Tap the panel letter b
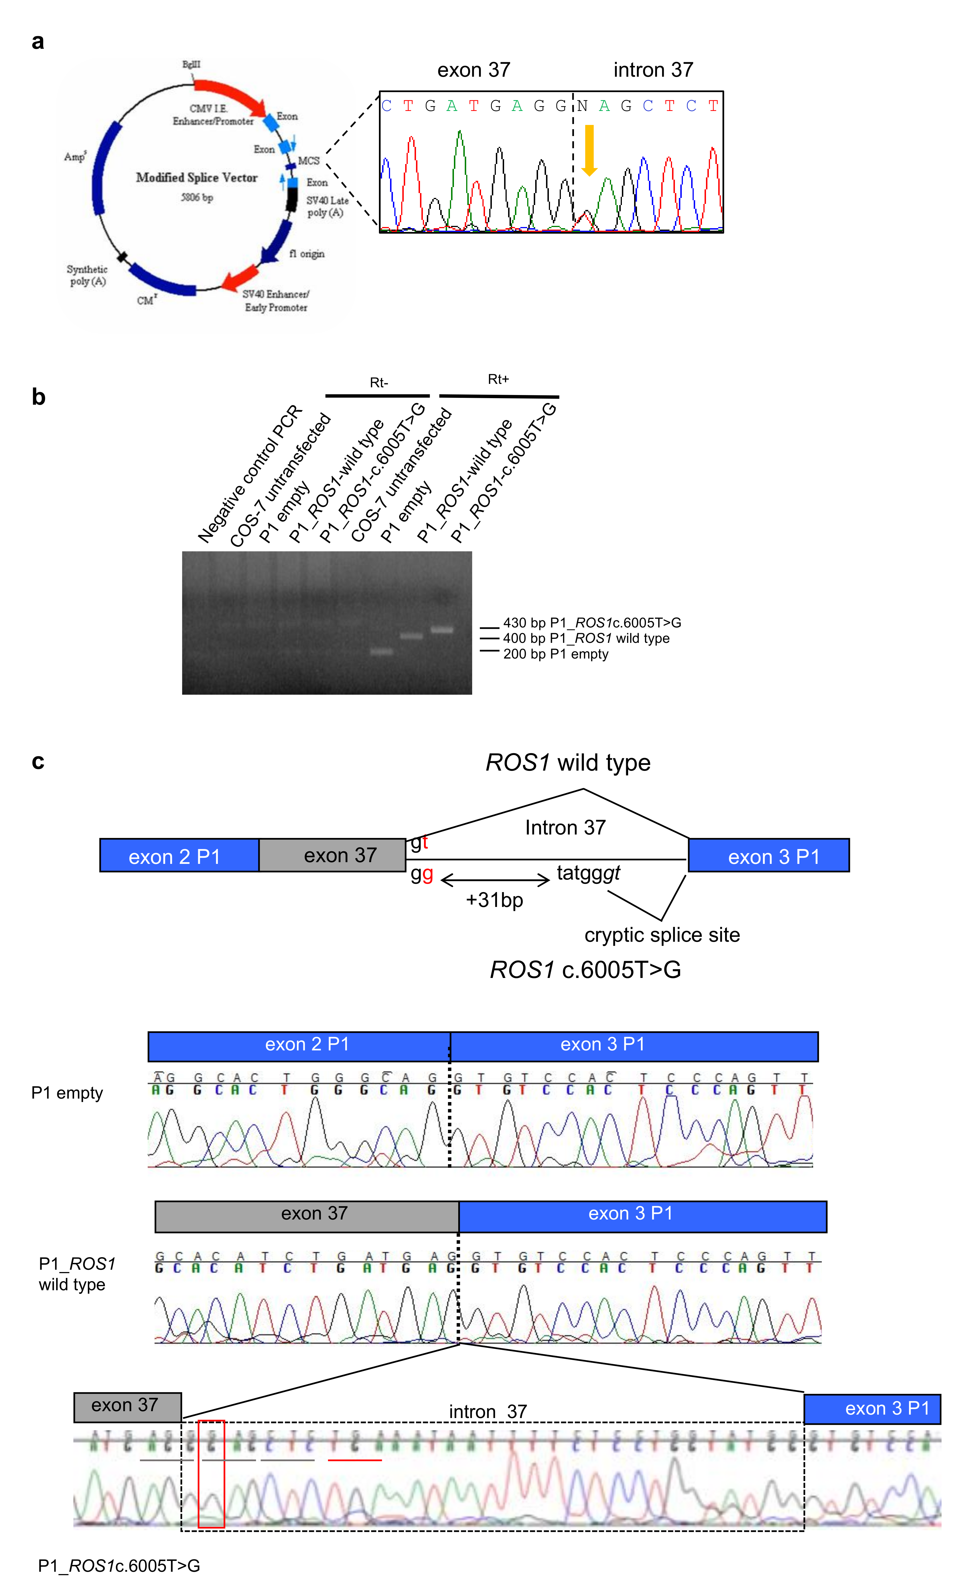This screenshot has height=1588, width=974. pos(39,397)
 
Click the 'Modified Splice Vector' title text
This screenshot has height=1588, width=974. pos(196,177)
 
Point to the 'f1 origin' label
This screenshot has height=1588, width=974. pos(307,254)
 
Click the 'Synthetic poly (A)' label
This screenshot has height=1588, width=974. pos(87,275)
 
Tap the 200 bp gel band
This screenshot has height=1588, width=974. pos(381,652)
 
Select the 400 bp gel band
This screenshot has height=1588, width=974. pos(412,636)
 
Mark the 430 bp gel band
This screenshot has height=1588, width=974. pos(442,630)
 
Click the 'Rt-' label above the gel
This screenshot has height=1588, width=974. pos(379,383)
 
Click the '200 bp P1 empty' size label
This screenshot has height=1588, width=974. pos(555,654)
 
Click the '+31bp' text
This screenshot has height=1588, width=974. pos(494,900)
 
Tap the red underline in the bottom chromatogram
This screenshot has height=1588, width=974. pos(355,1460)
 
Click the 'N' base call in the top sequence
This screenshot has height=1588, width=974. pos(582,106)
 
